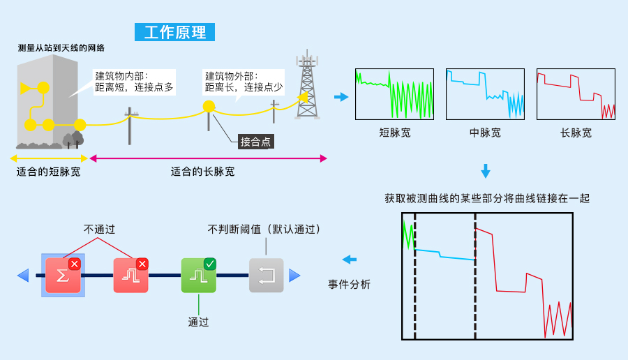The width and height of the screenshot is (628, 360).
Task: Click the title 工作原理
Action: point(175,32)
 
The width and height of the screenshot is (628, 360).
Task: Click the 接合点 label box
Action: point(255,142)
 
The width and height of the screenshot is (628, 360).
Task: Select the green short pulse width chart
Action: point(394,93)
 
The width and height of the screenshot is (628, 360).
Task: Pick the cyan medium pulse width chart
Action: point(485,93)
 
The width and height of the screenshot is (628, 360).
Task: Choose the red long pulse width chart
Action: point(576,93)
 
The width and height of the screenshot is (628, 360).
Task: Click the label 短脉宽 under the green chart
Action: point(394,133)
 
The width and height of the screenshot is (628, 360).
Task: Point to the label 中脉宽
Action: point(485,133)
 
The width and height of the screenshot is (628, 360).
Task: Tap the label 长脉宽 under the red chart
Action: point(576,133)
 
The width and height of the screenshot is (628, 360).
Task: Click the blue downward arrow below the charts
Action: point(486,172)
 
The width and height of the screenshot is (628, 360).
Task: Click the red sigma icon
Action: point(63,275)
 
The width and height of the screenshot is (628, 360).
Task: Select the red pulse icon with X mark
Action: point(130,275)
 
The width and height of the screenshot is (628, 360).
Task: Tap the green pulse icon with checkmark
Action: point(198,275)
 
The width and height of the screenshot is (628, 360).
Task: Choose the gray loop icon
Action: point(267,275)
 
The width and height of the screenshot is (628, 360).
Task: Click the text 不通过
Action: point(99,229)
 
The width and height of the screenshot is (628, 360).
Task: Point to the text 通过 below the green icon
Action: point(198,322)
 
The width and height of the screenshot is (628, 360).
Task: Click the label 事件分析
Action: point(349,285)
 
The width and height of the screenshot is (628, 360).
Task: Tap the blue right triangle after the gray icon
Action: point(294,276)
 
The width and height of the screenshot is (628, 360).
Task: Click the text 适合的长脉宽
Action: point(202,172)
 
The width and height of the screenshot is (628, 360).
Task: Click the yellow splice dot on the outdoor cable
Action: point(208,107)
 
